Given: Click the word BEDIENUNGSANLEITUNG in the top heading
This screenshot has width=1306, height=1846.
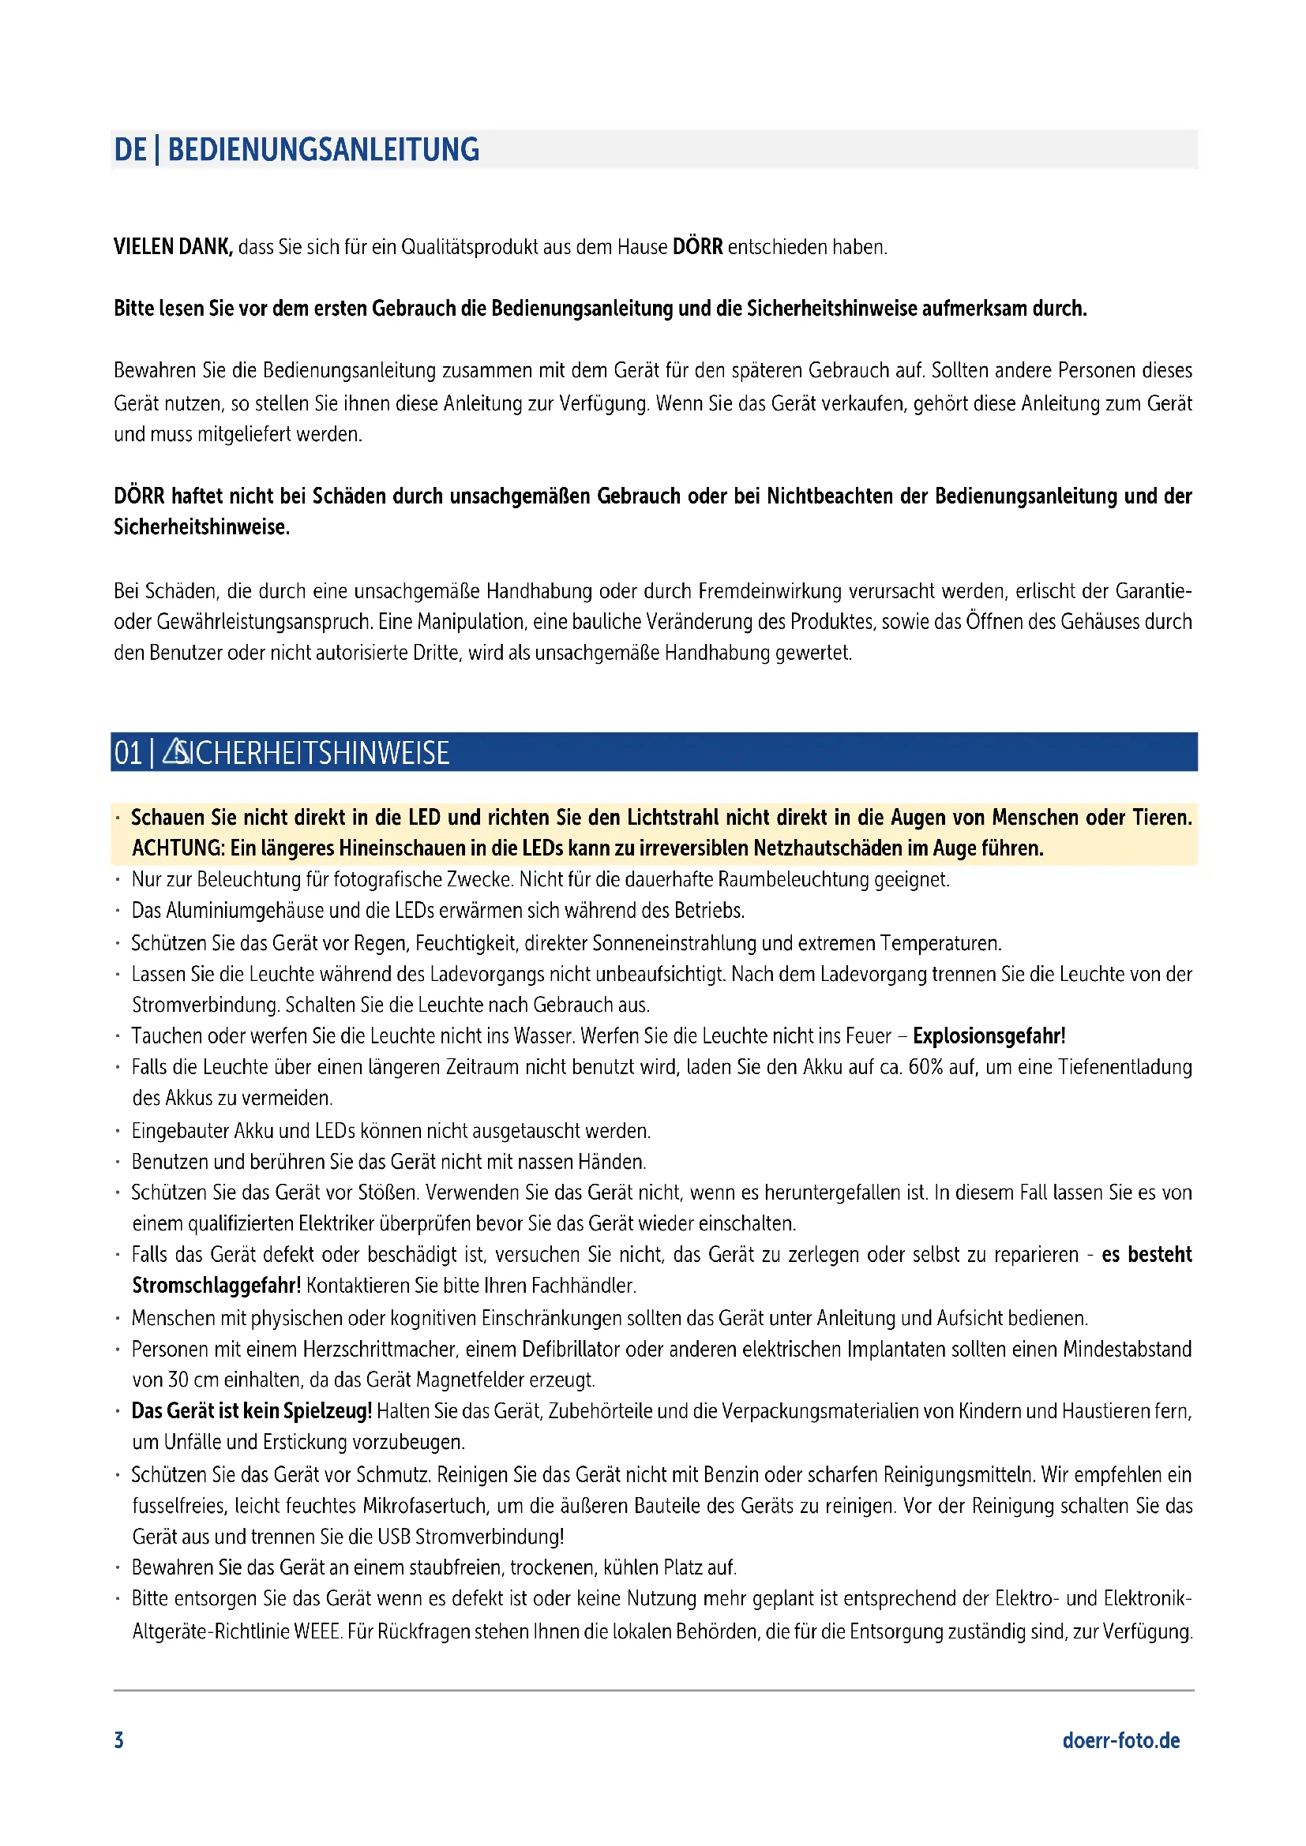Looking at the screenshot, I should [x=323, y=149].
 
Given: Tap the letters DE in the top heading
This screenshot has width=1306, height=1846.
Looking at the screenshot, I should [x=130, y=149].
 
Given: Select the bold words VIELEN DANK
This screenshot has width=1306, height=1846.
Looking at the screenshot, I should [x=173, y=247].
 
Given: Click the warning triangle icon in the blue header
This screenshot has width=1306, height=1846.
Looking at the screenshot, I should [x=175, y=752].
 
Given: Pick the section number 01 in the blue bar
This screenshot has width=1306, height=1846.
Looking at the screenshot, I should [x=127, y=754].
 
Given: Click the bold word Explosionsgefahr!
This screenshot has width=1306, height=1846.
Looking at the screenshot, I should [x=989, y=1035].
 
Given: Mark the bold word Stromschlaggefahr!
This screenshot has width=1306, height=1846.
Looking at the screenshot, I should [x=216, y=1286].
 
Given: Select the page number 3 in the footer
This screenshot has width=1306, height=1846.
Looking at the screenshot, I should [x=119, y=1741].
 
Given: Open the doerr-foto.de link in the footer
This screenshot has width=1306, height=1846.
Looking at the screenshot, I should [x=1121, y=1741].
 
